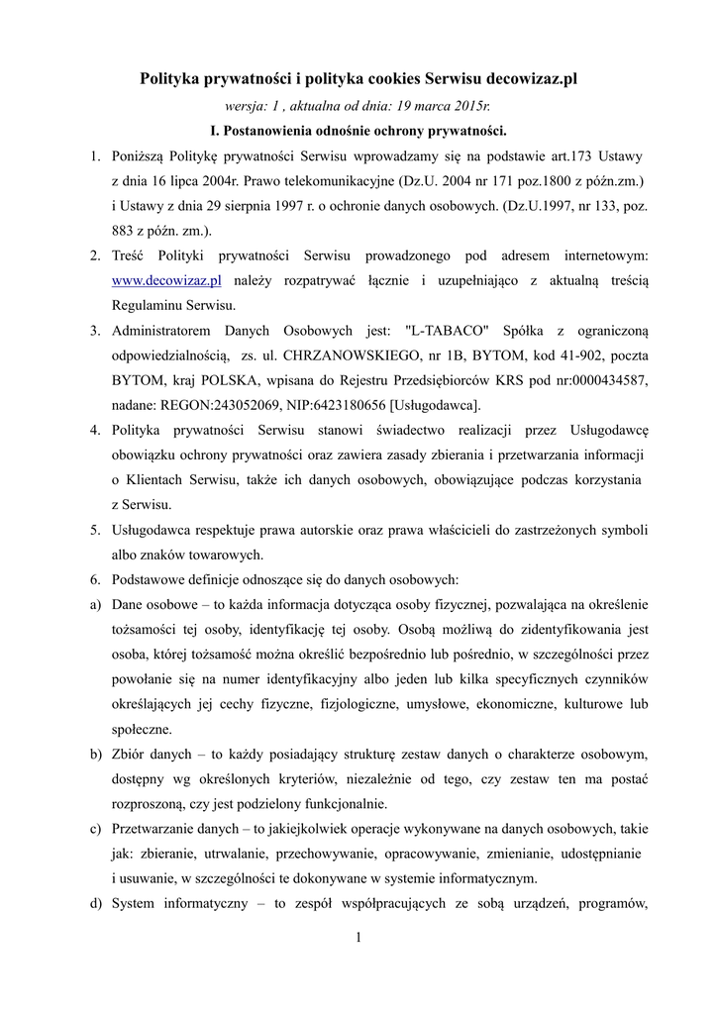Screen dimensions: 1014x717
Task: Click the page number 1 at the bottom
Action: pos(358,937)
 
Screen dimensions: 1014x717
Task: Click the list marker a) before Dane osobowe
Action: pos(96,603)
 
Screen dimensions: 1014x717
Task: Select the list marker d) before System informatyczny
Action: pos(96,902)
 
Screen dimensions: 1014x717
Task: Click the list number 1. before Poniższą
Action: pos(95,156)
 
